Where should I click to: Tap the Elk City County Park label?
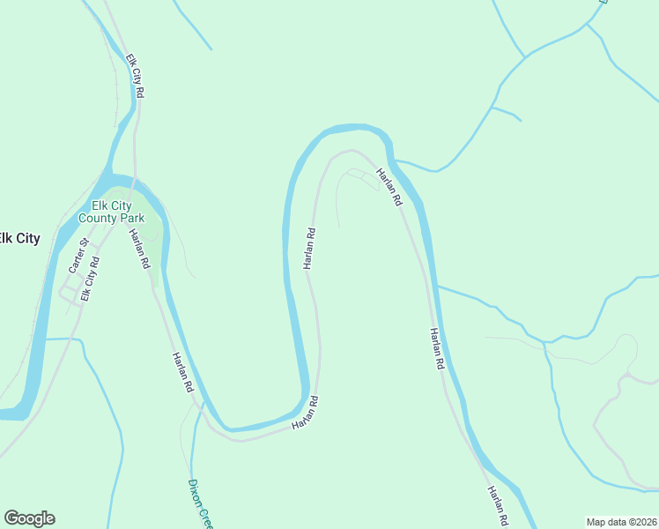pyautogui.click(x=111, y=211)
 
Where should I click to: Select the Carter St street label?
pyautogui.click(x=78, y=255)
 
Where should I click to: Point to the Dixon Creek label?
pyautogui.click(x=200, y=503)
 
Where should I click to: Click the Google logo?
pyautogui.click(x=29, y=518)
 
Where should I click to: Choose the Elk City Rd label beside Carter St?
pyautogui.click(x=90, y=278)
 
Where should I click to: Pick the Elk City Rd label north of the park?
pyautogui.click(x=135, y=76)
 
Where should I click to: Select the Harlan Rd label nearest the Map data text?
pyautogui.click(x=498, y=506)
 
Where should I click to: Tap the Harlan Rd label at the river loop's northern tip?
pyautogui.click(x=389, y=187)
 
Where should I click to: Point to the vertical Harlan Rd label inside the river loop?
pyautogui.click(x=309, y=249)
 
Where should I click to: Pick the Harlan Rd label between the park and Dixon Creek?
pyautogui.click(x=182, y=370)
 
